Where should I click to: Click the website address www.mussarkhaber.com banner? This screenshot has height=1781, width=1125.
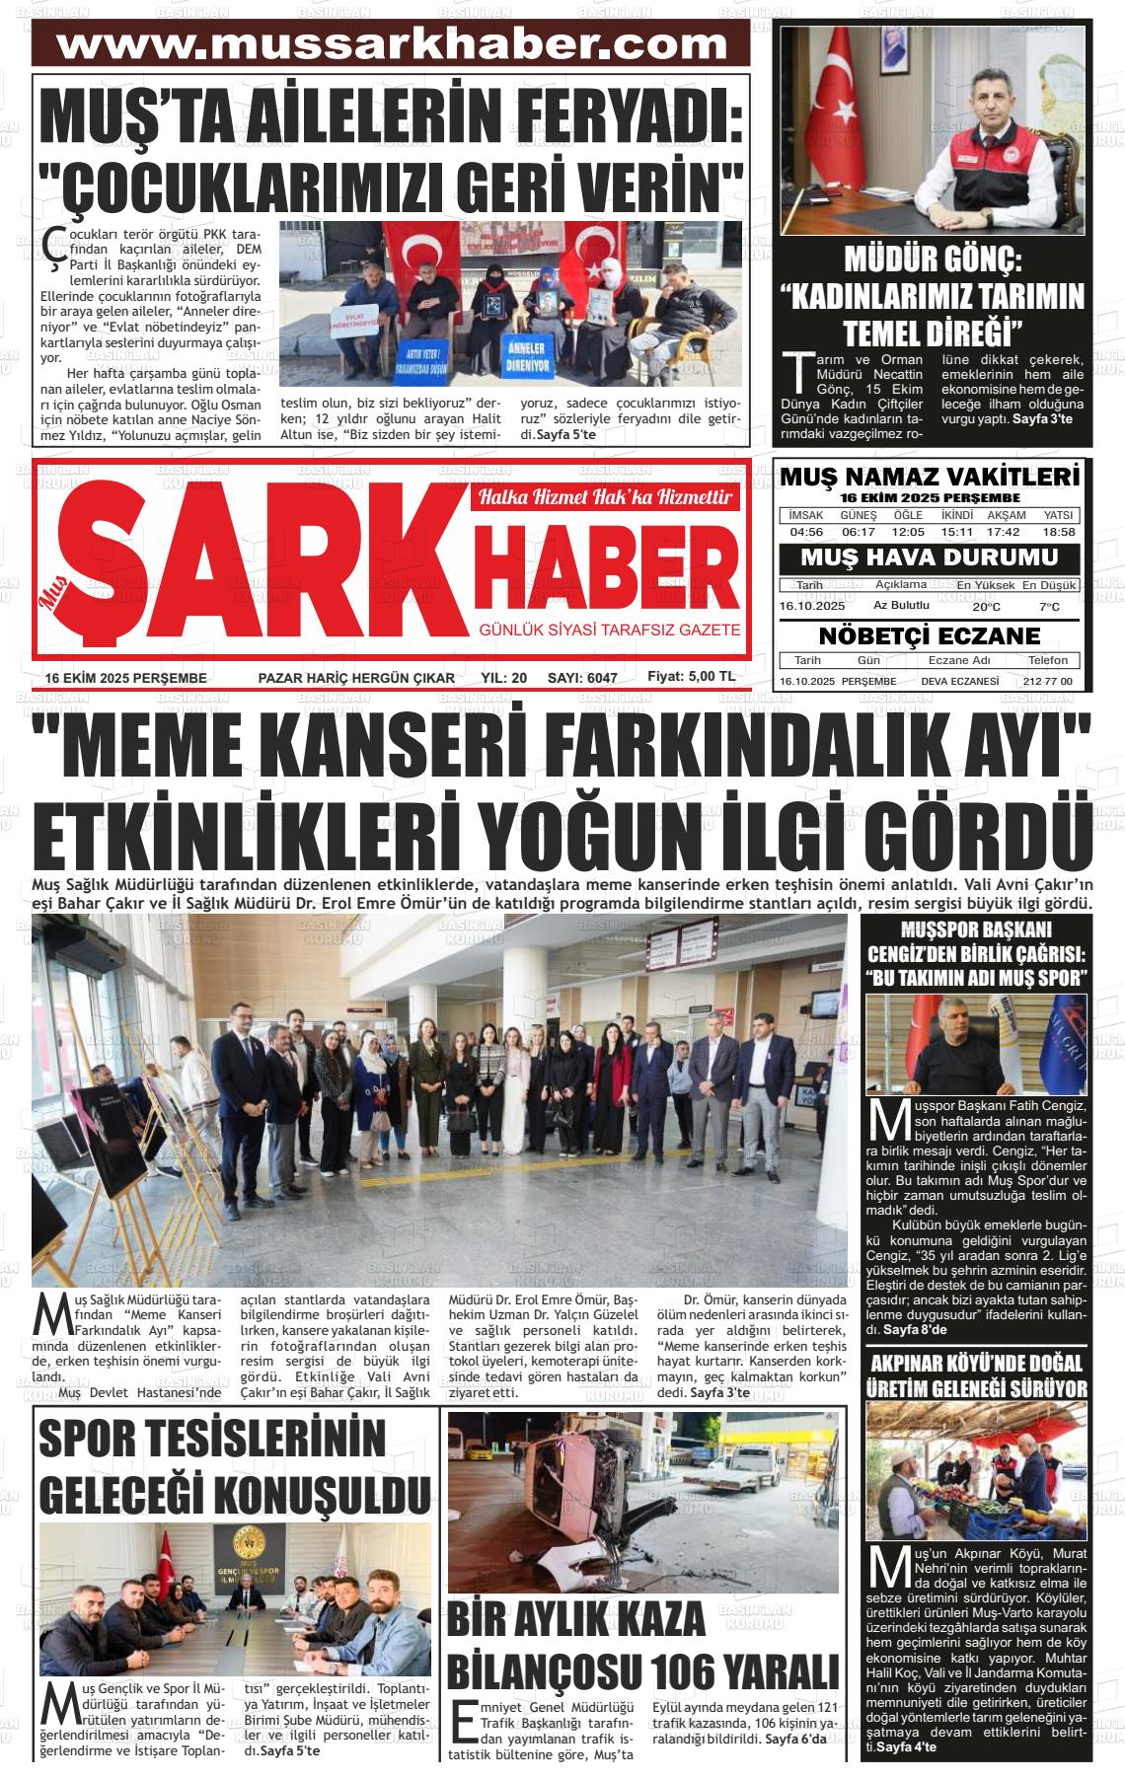392,43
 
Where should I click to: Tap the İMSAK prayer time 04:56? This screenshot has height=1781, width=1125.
806,532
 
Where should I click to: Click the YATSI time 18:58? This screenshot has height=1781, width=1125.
1058,532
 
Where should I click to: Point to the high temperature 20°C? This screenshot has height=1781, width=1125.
986,607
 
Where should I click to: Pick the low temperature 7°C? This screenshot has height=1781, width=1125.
1049,607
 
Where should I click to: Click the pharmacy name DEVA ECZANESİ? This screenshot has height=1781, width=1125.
959,682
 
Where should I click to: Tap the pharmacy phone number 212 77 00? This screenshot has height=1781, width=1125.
1048,682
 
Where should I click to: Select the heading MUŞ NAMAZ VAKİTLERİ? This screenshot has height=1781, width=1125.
930,478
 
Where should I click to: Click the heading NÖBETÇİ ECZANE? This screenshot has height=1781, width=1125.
930,635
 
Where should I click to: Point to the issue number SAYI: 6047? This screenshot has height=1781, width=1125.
582,678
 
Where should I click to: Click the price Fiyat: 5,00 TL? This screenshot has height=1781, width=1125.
691,677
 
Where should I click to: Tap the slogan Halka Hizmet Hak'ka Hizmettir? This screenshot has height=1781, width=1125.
605,498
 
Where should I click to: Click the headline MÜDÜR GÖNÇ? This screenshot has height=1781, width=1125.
933,260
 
